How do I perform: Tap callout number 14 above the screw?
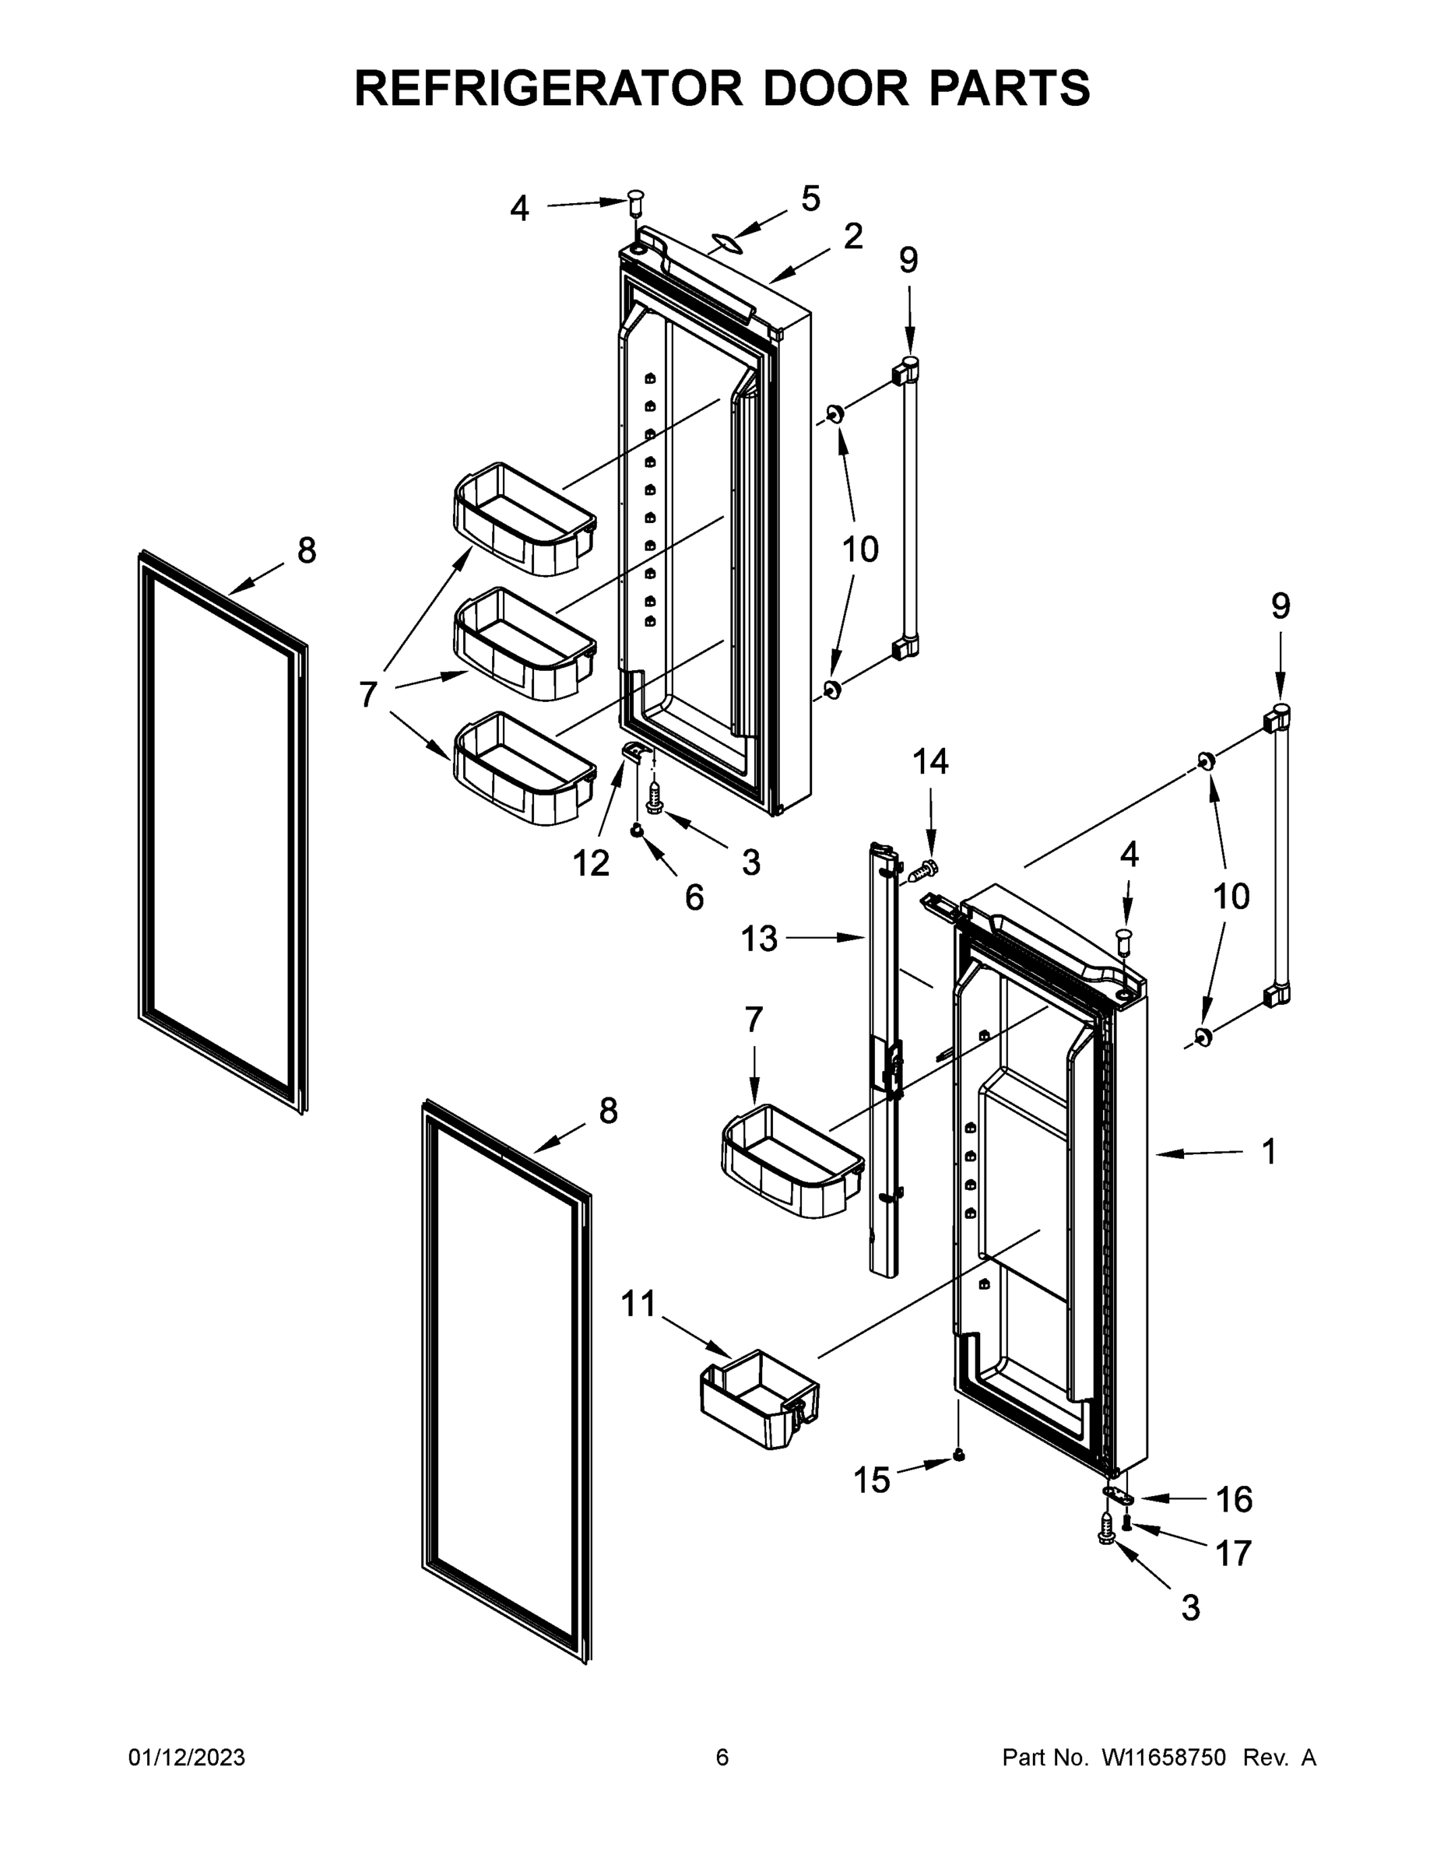pos(930,761)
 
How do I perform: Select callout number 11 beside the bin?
pos(638,1304)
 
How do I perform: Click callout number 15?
pos(872,1480)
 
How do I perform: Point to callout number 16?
pos(1234,1499)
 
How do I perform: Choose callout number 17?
pos(1234,1553)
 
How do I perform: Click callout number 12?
pos(590,863)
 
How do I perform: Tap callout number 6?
pos(694,897)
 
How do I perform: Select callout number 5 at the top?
pos(810,198)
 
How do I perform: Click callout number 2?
pos(853,236)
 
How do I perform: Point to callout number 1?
pos(1270,1151)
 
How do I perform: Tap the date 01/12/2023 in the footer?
pos(187,1757)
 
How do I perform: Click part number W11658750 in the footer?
pos(1164,1757)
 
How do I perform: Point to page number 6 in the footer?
pos(722,1757)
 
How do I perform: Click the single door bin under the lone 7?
pos(792,1161)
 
